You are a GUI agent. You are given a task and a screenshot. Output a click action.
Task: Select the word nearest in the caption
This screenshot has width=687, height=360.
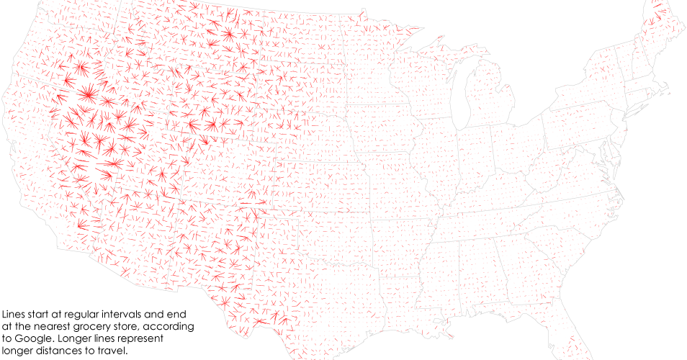click(49, 325)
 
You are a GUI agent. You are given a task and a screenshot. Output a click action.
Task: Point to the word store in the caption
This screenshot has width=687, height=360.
click(123, 325)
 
